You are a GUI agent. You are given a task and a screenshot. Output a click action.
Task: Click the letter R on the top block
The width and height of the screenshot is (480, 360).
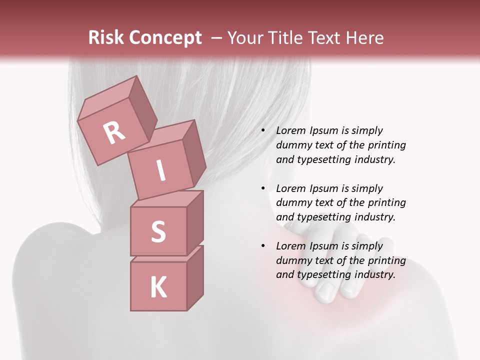click(114, 133)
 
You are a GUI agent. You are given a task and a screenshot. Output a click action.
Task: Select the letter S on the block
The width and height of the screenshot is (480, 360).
click(158, 231)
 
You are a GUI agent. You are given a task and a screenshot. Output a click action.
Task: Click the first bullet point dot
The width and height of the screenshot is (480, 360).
click(263, 131)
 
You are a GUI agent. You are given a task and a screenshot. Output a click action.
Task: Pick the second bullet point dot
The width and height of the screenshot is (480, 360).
click(263, 189)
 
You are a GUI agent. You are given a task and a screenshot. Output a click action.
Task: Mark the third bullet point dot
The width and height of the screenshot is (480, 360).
click(263, 246)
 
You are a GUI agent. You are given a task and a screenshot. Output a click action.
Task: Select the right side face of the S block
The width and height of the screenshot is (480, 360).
click(195, 222)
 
